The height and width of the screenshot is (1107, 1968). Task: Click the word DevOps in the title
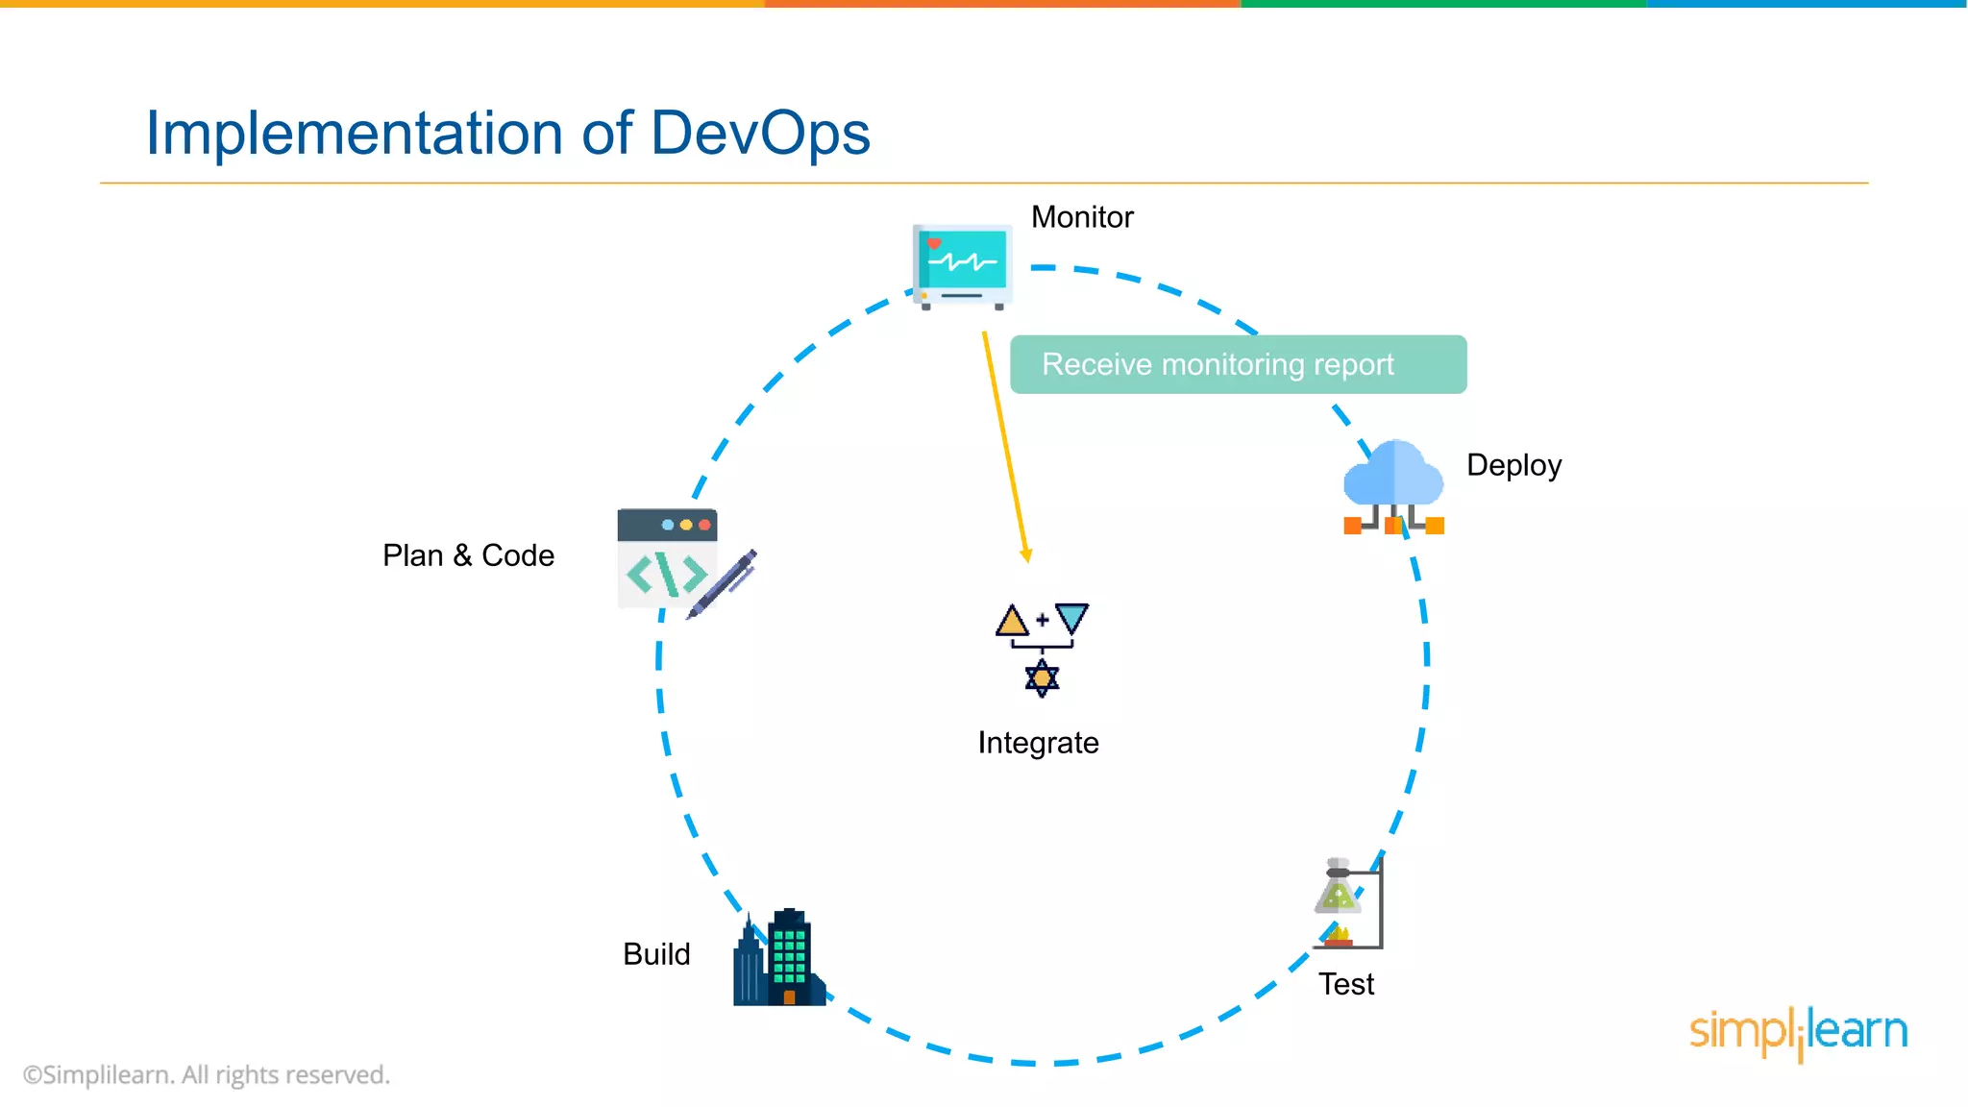pos(759,133)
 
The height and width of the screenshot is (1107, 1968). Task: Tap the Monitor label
pos(1081,217)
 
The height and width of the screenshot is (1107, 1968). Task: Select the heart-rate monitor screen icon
pos(962,262)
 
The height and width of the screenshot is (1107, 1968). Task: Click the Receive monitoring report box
pos(1238,364)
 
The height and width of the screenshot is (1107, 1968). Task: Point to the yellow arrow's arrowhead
pos(1026,555)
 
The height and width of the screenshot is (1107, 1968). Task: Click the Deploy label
pos(1513,465)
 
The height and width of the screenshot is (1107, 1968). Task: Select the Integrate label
pos(1038,743)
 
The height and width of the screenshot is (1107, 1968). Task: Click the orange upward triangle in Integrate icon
pos(1012,621)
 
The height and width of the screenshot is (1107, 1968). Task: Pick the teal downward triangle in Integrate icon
pos(1071,617)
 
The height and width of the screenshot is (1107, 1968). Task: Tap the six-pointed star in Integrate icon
pos(1042,678)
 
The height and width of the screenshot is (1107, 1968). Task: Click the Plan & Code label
pos(468,555)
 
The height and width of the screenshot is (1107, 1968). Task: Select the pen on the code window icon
pos(724,583)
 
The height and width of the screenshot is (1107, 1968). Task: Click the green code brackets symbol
pos(666,575)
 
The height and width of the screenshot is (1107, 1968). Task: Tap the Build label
pos(656,954)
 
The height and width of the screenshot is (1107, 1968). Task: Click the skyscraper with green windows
pos(789,956)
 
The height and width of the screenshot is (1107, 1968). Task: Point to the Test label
pos(1345,984)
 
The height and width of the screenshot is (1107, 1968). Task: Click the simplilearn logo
pos(1798,1032)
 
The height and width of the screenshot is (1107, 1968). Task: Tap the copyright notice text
pos(207,1074)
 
